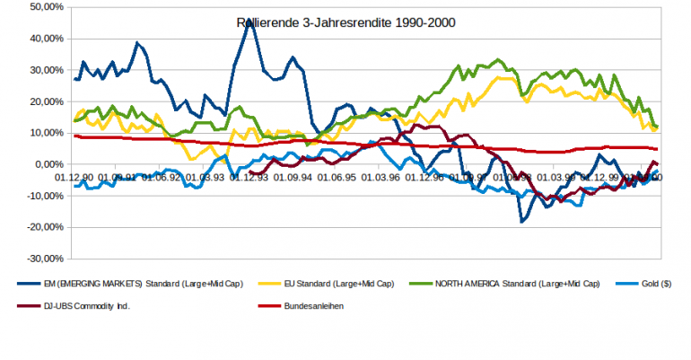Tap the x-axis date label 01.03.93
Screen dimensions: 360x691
click(x=206, y=177)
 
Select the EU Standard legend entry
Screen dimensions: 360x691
click(x=342, y=284)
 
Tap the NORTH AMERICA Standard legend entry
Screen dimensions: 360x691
click(x=518, y=284)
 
